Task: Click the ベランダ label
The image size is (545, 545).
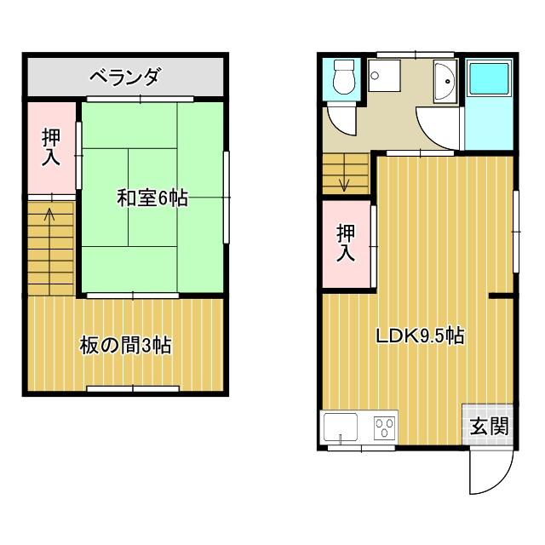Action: point(124,78)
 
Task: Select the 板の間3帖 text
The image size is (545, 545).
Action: point(125,345)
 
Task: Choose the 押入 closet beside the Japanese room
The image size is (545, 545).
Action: point(51,147)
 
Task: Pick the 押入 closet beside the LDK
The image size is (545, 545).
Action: point(346,243)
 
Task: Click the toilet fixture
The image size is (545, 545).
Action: point(343,78)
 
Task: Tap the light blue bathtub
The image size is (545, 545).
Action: point(490,81)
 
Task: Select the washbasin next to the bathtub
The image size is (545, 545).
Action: point(445,82)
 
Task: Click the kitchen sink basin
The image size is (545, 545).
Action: point(341,427)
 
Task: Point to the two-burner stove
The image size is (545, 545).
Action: point(383,427)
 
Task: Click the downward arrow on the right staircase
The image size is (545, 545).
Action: point(344,182)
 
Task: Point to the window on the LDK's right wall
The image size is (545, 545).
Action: point(516,229)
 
